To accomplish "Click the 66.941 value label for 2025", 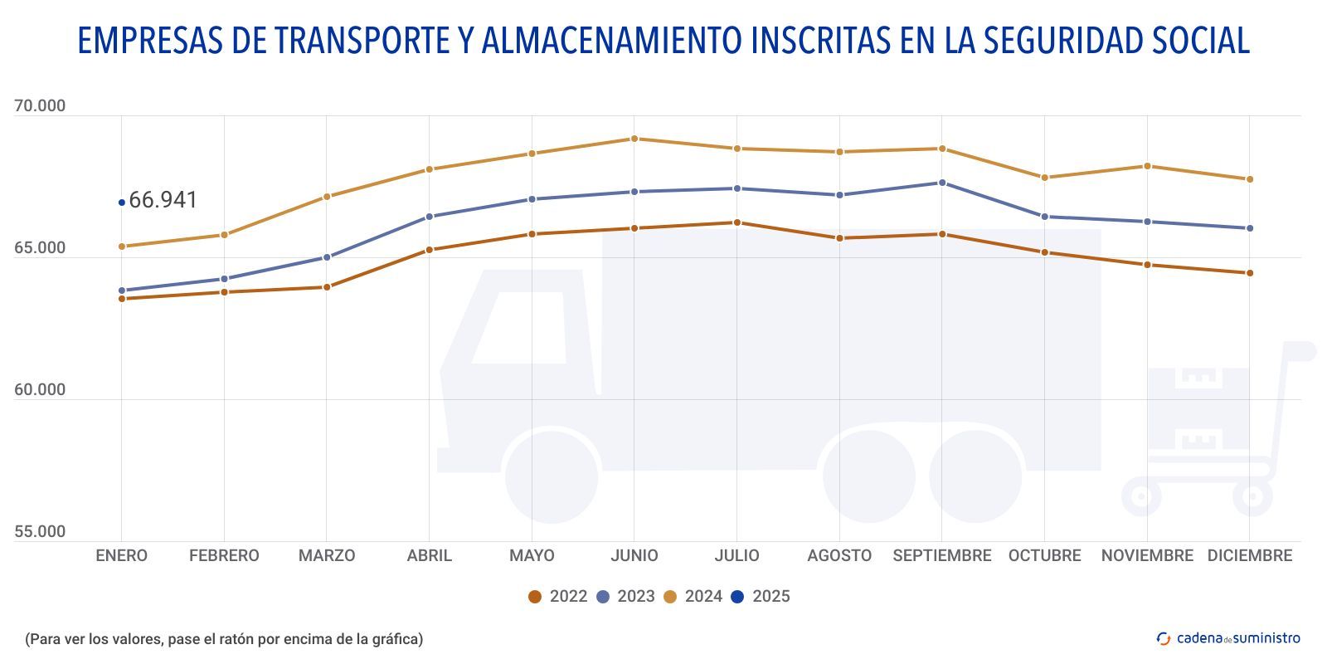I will (x=163, y=200).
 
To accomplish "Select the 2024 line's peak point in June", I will (x=634, y=139).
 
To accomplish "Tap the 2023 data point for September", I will (x=942, y=183).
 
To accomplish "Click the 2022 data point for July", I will (x=736, y=222).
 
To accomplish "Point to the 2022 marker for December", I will (x=1250, y=273).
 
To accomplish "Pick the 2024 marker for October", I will (x=1044, y=178).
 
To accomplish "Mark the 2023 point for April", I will (x=430, y=217).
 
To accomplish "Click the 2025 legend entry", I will (x=761, y=596).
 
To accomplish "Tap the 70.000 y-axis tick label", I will (x=40, y=106).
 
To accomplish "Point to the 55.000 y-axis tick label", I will (x=40, y=532).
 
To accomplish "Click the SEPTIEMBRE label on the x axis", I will (x=942, y=556).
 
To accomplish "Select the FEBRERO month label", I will (x=224, y=556).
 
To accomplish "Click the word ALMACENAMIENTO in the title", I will (x=613, y=40).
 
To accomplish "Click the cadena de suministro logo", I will (x=1228, y=638).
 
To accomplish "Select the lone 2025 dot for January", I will (x=122, y=202).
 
